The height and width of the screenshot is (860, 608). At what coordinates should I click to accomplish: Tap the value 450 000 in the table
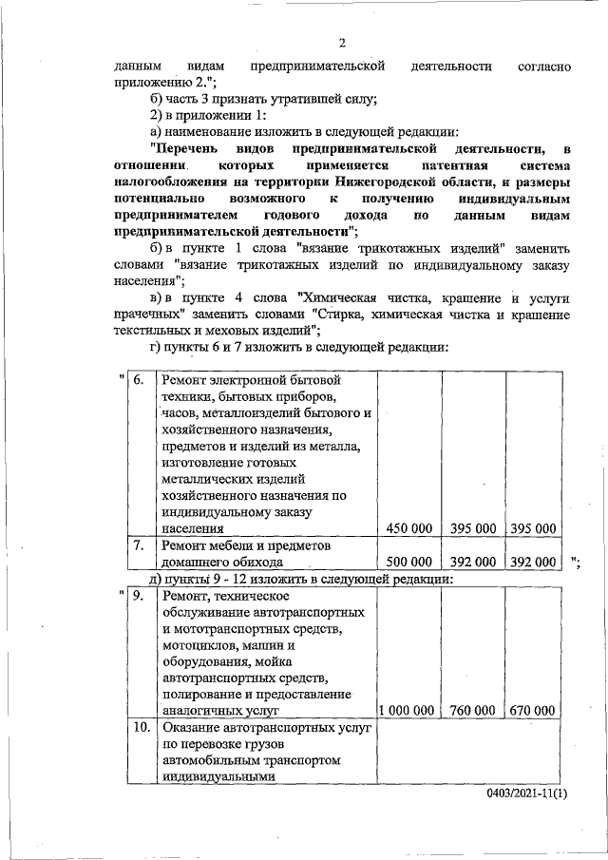tap(407, 528)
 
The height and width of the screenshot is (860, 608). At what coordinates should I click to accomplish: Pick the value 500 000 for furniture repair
tap(407, 563)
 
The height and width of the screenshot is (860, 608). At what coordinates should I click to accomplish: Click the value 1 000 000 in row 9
tap(407, 710)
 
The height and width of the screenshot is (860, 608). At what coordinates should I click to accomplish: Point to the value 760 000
tap(472, 710)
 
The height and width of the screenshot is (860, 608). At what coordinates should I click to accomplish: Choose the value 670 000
tap(532, 710)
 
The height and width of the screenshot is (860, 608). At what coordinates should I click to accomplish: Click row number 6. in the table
tap(139, 382)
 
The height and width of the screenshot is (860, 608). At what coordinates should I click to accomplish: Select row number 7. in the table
tap(139, 546)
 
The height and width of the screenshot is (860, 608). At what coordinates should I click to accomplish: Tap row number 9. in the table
tap(139, 596)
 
